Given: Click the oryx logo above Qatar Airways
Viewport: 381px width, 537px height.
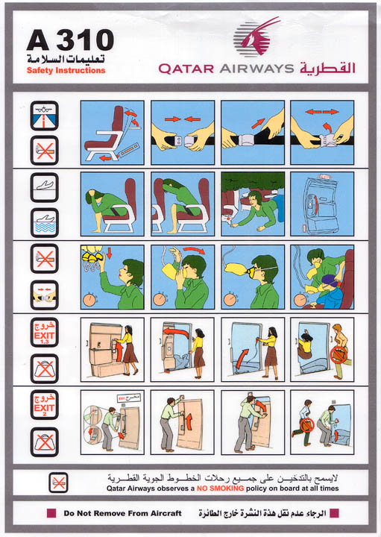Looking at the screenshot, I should [257, 37].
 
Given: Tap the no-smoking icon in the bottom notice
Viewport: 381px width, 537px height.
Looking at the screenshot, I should [58, 482].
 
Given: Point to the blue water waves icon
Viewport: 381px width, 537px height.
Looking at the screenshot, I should [44, 222].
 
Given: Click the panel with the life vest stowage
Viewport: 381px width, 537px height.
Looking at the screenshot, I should [321, 204].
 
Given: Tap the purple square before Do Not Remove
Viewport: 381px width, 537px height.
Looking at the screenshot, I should [51, 513].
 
